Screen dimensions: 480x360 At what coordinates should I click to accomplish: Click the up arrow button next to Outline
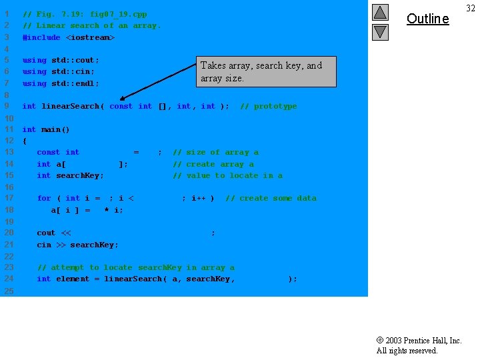[380, 12]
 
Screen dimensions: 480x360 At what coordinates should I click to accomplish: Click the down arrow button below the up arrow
[380, 31]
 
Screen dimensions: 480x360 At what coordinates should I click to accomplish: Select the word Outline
[427, 19]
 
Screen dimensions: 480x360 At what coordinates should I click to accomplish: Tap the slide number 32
[471, 7]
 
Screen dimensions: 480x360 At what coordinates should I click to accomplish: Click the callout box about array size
[267, 71]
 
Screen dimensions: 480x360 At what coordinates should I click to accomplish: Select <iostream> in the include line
[90, 37]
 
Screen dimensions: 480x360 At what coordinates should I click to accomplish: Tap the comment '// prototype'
[268, 106]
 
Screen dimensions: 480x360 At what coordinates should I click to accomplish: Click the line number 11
[9, 129]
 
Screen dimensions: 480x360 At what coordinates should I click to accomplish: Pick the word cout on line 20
[46, 233]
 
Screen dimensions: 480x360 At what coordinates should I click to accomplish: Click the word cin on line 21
[43, 245]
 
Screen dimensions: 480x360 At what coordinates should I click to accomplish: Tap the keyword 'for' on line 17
[43, 198]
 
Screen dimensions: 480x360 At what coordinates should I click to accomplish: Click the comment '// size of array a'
[215, 152]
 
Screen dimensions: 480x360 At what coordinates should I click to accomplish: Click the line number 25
[9, 291]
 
